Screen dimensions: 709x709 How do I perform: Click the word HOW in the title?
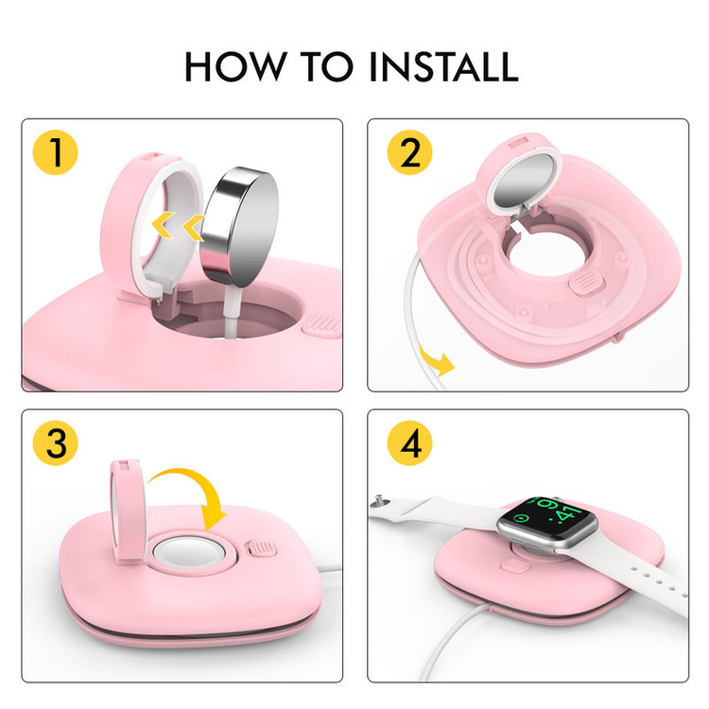pos(235,66)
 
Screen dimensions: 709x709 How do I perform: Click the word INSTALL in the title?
pos(443,66)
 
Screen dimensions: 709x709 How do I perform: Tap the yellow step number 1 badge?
pos(55,153)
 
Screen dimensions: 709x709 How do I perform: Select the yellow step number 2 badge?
pos(409,153)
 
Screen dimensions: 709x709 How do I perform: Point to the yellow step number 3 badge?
pos(55,443)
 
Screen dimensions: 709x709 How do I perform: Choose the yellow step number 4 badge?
pos(409,443)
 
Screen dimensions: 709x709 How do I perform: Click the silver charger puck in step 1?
pos(240,227)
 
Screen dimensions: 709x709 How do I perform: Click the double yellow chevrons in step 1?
pos(178,226)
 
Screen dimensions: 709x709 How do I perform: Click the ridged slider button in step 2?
pos(586,282)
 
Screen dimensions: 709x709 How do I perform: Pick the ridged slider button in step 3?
pos(261,548)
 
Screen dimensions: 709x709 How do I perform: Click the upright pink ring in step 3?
pos(129,510)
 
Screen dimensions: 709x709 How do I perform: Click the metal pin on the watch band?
pos(379,500)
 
